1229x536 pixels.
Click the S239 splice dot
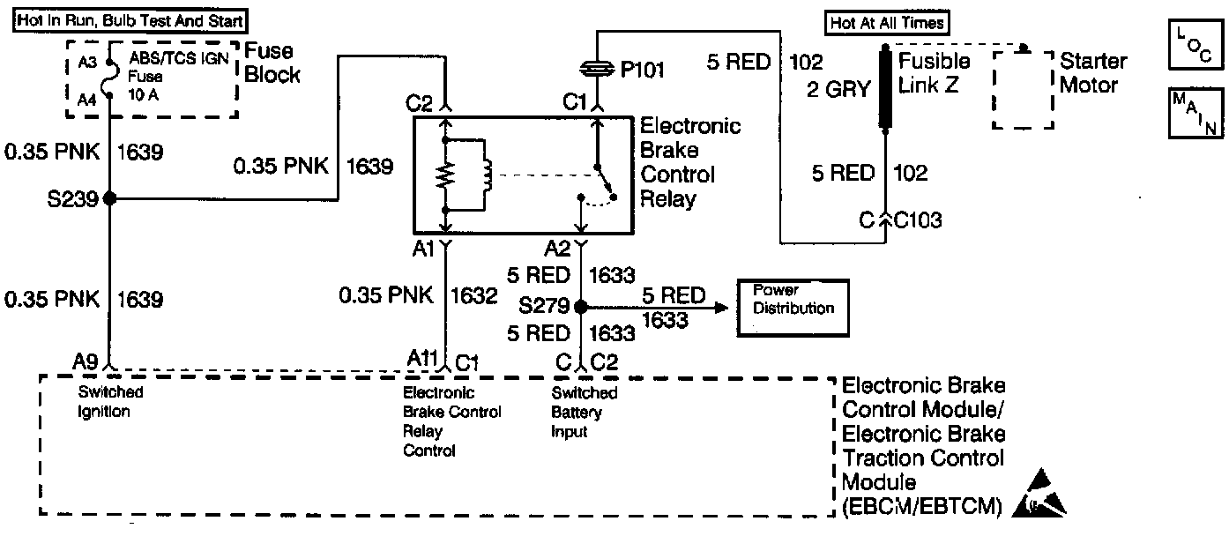(x=109, y=199)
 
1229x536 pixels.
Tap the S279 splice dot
(x=580, y=307)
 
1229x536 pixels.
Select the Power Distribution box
(x=793, y=308)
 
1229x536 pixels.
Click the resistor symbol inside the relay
(x=447, y=175)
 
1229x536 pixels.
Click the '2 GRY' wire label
(x=838, y=88)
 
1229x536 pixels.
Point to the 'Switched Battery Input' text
(x=584, y=413)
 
